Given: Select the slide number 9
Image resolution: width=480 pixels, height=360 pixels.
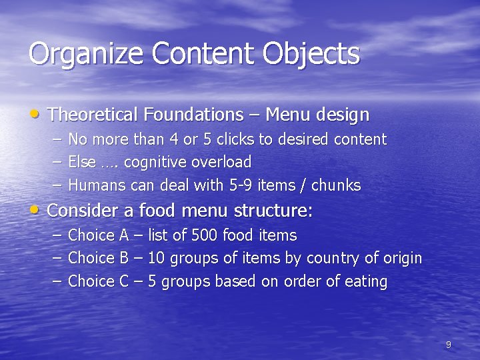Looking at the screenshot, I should pyautogui.click(x=448, y=345).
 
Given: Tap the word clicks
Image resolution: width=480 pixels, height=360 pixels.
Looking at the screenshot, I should pyautogui.click(x=237, y=139).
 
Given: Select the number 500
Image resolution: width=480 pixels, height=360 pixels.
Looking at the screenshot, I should pyautogui.click(x=205, y=235).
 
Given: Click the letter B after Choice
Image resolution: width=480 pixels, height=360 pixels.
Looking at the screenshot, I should pyautogui.click(x=124, y=258).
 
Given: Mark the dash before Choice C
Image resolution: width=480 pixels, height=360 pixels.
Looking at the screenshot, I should pyautogui.click(x=57, y=281).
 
